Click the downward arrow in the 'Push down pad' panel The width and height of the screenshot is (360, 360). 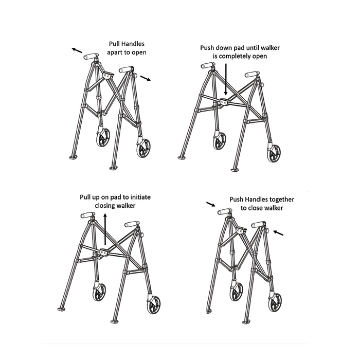[225, 77]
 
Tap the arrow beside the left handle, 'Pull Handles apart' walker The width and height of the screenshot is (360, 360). [77, 50]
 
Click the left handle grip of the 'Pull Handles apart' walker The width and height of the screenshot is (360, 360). [91, 56]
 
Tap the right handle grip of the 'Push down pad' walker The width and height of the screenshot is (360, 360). [252, 75]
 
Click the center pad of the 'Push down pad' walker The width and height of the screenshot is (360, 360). [225, 101]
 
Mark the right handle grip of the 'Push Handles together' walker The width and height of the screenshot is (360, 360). [258, 225]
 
